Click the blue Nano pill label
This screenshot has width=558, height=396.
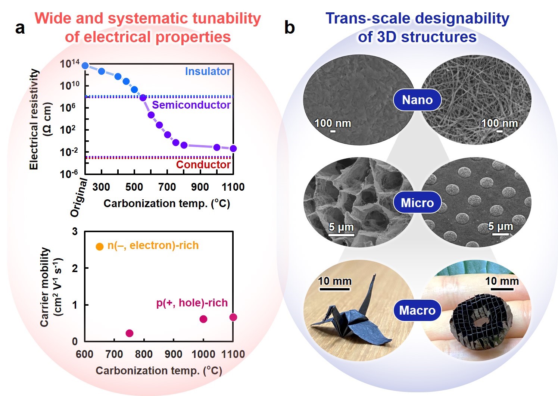tap(417, 100)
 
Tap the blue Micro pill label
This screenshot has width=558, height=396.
tap(417, 203)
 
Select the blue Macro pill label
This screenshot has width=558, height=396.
tap(417, 310)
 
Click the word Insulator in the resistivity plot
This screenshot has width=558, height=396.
tap(208, 71)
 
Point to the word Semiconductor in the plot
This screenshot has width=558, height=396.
tap(191, 105)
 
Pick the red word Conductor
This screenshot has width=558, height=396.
tap(203, 165)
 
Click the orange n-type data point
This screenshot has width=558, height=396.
tap(100, 246)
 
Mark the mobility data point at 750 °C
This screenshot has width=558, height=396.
tap(129, 333)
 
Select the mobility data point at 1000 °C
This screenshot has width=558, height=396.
tap(203, 319)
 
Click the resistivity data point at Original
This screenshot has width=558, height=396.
tap(85, 65)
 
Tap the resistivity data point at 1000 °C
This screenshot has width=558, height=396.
tap(217, 147)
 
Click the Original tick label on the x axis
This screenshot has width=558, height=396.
tap(79, 198)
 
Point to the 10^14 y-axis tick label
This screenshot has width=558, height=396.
tap(70, 64)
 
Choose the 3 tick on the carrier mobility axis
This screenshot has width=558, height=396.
tap(75, 232)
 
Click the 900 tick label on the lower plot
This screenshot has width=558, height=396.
tap(173, 354)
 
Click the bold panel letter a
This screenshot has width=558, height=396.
tap(20, 28)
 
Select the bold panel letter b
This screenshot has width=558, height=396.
tap(289, 28)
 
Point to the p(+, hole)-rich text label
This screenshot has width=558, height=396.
tap(192, 303)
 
